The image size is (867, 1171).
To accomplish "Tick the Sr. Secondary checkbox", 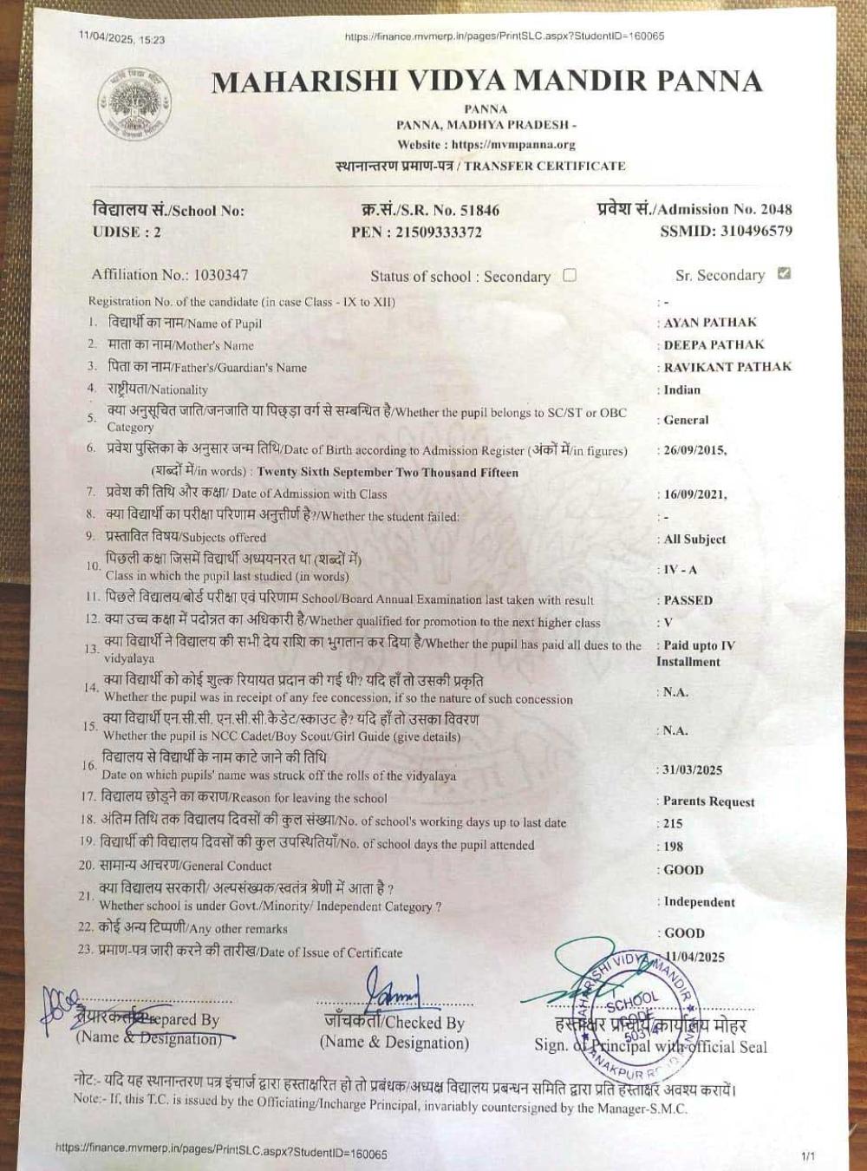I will tap(785, 274).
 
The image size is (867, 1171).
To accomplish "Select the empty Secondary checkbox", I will tap(570, 275).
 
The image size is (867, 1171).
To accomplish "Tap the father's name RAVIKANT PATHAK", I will tap(727, 367).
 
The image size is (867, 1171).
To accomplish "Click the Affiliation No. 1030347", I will tap(220, 275).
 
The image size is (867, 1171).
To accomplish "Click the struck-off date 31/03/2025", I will tap(693, 769).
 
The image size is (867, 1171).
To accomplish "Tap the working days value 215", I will tap(673, 823).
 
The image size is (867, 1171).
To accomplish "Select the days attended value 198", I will tap(673, 846).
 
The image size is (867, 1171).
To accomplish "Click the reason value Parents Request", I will tap(708, 801).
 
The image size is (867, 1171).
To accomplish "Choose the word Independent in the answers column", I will tap(699, 902).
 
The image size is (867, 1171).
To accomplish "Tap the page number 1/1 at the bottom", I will tap(808, 1155).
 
